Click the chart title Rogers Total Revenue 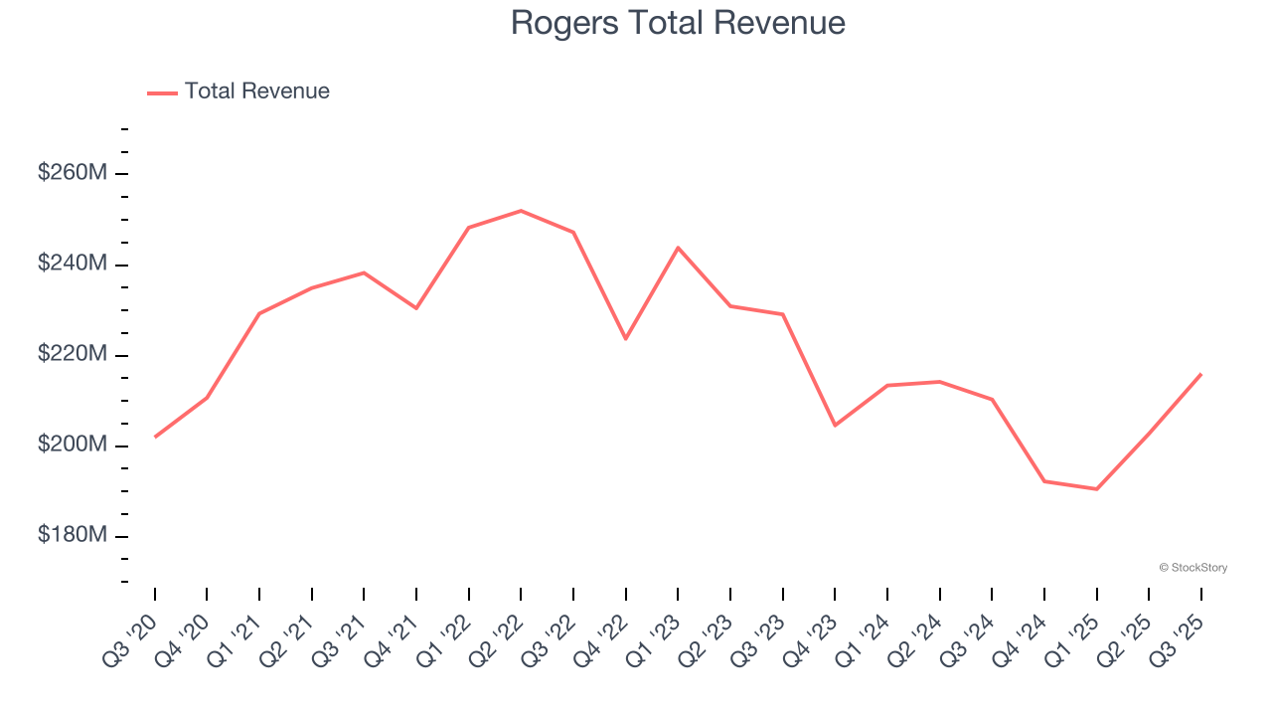coord(678,23)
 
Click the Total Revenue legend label coord(256,91)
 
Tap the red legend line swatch coord(162,92)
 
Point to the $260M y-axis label coord(72,173)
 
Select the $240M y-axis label coord(72,264)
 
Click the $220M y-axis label coord(72,354)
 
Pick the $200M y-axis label coord(72,445)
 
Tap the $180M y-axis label coord(72,535)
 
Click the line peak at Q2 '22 coord(521,211)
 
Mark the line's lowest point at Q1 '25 coord(1096,489)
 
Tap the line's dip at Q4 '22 coord(625,339)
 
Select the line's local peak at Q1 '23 coord(678,248)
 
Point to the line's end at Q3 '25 coord(1200,374)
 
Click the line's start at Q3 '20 coord(155,437)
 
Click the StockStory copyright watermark coord(1192,568)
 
